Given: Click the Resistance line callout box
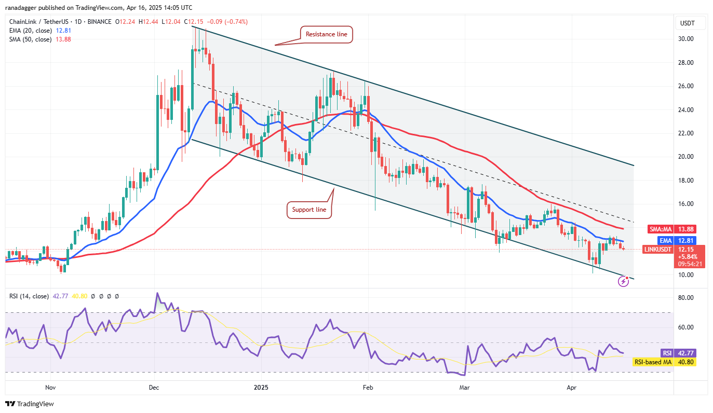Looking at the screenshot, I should coord(327,34).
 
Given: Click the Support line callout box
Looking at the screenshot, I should coord(309,210).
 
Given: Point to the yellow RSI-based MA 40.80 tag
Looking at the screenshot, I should coord(664,362).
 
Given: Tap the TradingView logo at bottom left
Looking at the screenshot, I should coord(30,404).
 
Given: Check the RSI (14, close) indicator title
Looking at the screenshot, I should coord(29,296).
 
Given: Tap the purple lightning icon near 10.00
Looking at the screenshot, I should coord(624,281).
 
